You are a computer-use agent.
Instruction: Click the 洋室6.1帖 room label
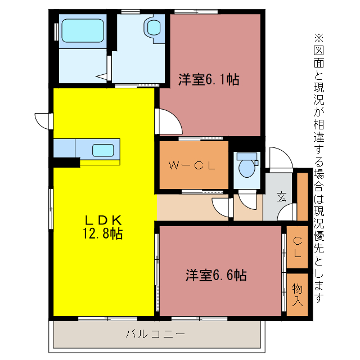click(x=209, y=79)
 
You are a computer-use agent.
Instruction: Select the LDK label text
click(x=103, y=219)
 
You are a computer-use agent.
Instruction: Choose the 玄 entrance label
click(x=281, y=197)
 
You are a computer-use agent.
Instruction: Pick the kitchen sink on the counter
click(x=103, y=150)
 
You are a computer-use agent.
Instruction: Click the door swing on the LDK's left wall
click(x=42, y=120)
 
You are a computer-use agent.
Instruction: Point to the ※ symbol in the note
click(x=319, y=38)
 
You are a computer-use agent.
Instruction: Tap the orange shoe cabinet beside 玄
click(x=302, y=197)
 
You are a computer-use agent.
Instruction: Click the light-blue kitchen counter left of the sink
click(x=64, y=149)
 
